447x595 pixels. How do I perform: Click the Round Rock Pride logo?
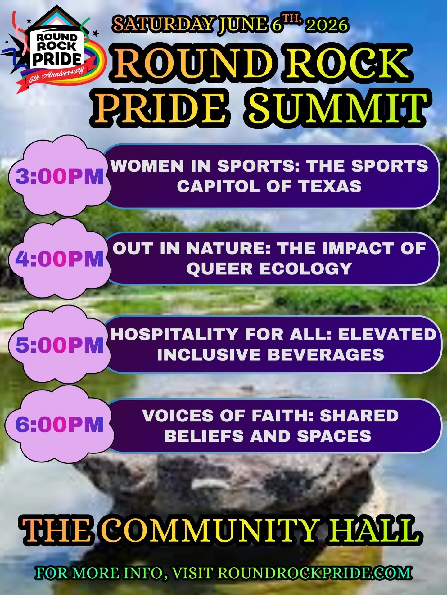click(56, 50)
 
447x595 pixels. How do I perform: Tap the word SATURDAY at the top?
click(164, 24)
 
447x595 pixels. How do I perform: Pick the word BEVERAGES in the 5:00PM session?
click(326, 355)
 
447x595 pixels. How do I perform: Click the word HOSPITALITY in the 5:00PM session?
click(174, 335)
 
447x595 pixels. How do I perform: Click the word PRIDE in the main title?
click(160, 108)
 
